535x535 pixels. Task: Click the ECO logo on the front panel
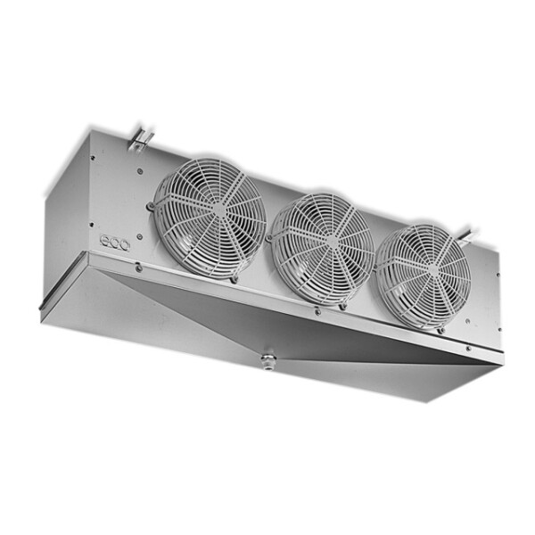[114, 240]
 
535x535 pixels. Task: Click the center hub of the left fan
[210, 218]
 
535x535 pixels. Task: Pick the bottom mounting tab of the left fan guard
[234, 278]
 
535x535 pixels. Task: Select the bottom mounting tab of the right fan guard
[440, 329]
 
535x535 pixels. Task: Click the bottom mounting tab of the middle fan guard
[342, 305]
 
